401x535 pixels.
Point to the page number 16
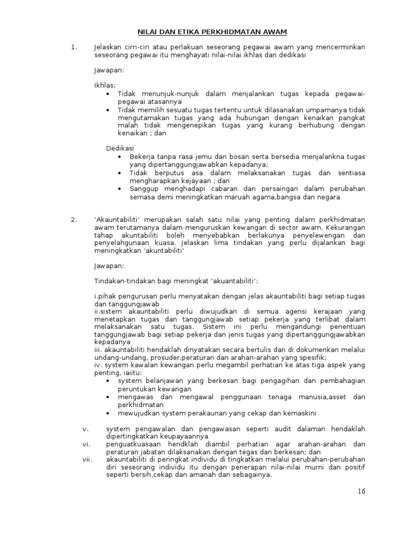(362, 492)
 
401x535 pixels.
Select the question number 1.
(73, 47)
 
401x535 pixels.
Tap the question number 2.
(73, 219)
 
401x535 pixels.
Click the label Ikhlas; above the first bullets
(105, 85)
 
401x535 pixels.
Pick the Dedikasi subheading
(121, 148)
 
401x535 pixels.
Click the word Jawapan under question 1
(109, 69)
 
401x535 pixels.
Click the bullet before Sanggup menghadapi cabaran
(121, 189)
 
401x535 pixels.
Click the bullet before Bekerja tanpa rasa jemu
(121, 157)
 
